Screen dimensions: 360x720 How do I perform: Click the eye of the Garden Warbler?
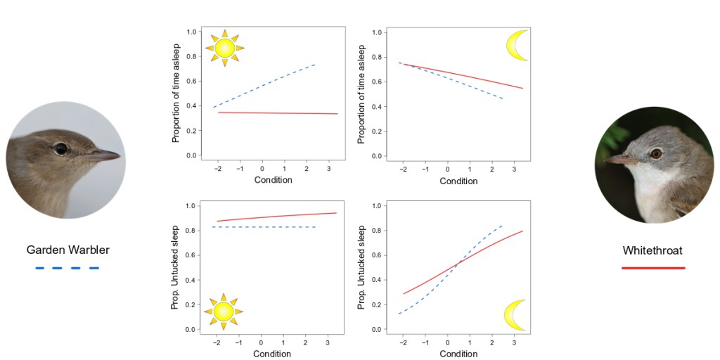click(61, 148)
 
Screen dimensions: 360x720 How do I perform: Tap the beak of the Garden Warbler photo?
click(106, 155)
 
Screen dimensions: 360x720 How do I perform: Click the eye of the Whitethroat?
click(655, 153)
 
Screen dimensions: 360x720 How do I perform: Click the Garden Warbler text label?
click(67, 250)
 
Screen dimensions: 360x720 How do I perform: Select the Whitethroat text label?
click(652, 250)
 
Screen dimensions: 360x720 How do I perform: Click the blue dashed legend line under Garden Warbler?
click(67, 268)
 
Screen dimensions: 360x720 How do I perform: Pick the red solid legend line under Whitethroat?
click(652, 268)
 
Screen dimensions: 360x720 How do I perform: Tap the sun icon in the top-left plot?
click(224, 48)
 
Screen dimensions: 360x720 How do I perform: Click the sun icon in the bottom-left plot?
click(224, 311)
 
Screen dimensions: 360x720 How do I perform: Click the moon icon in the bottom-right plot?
click(516, 314)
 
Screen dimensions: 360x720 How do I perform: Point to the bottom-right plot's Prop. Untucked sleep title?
click(362, 266)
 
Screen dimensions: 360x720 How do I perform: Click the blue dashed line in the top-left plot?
click(264, 85)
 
